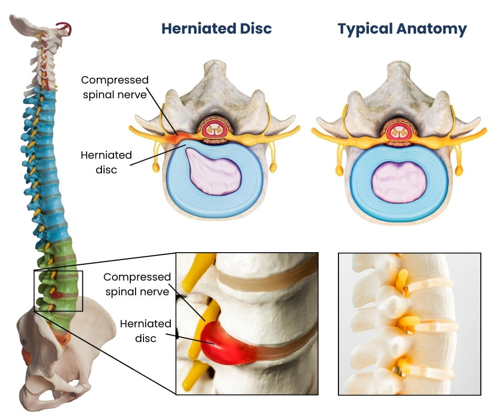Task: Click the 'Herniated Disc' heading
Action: (x=217, y=28)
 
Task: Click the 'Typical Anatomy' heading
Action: (x=402, y=28)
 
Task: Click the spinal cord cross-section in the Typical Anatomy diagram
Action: (x=399, y=131)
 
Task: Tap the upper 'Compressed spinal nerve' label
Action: (x=115, y=87)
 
